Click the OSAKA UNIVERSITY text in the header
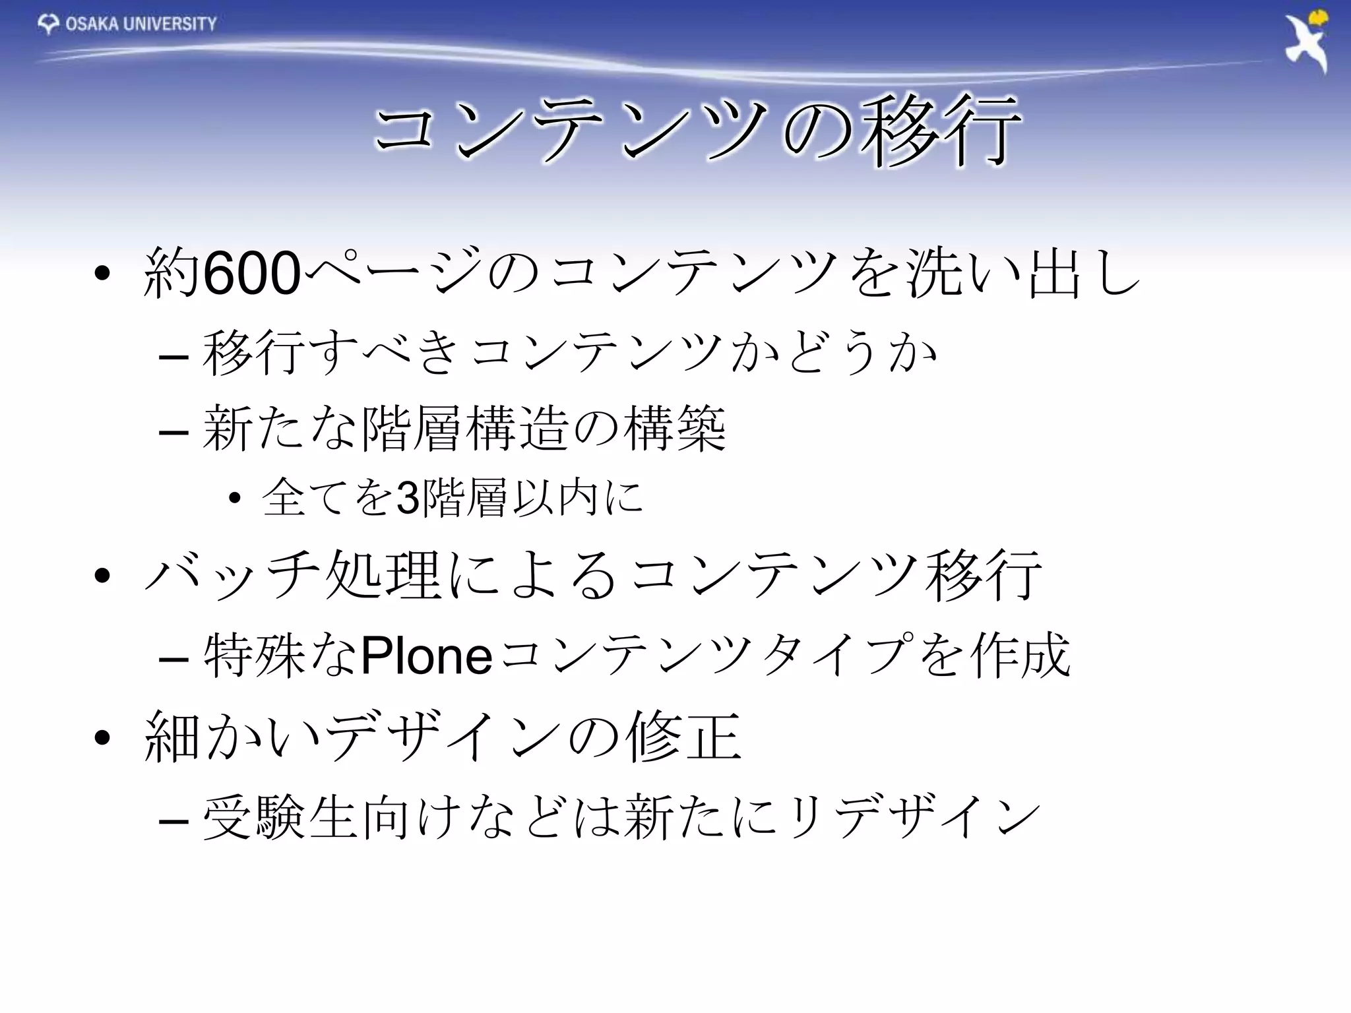point(141,24)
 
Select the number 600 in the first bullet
point(252,274)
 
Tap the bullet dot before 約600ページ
point(102,274)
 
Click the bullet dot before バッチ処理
point(102,575)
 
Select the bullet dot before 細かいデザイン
point(102,737)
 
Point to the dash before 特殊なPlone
point(173,658)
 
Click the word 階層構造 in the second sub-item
point(464,429)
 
